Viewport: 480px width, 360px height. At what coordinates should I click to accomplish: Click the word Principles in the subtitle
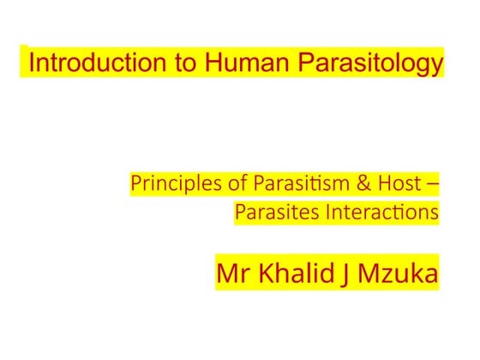(163, 183)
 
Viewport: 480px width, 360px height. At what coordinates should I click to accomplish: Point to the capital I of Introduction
(33, 63)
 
